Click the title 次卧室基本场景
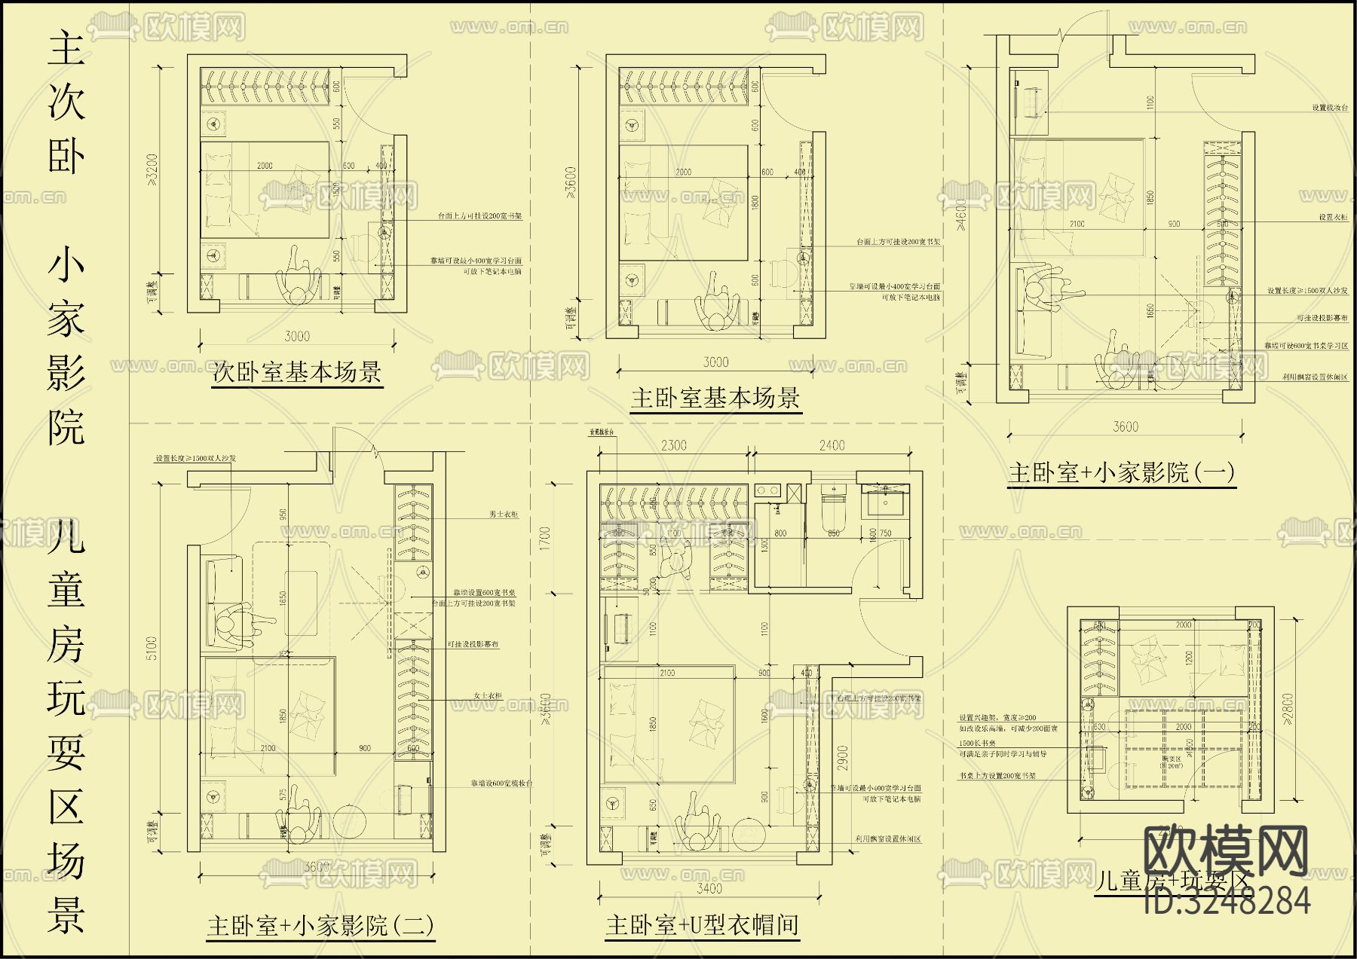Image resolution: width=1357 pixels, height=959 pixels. tap(297, 372)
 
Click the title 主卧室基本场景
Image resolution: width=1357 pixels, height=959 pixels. tap(715, 398)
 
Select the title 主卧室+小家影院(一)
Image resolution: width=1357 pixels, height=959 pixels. tap(1121, 472)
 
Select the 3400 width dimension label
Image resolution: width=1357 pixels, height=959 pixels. tap(709, 888)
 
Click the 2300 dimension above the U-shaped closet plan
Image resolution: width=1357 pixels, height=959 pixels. tap(673, 445)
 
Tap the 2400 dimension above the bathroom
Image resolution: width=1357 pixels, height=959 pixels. tap(832, 445)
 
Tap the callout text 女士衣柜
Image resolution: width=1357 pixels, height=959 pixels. tap(487, 695)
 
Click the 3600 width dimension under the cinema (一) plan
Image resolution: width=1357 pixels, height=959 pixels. tap(1125, 427)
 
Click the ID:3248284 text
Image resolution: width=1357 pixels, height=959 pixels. tap(1227, 901)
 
